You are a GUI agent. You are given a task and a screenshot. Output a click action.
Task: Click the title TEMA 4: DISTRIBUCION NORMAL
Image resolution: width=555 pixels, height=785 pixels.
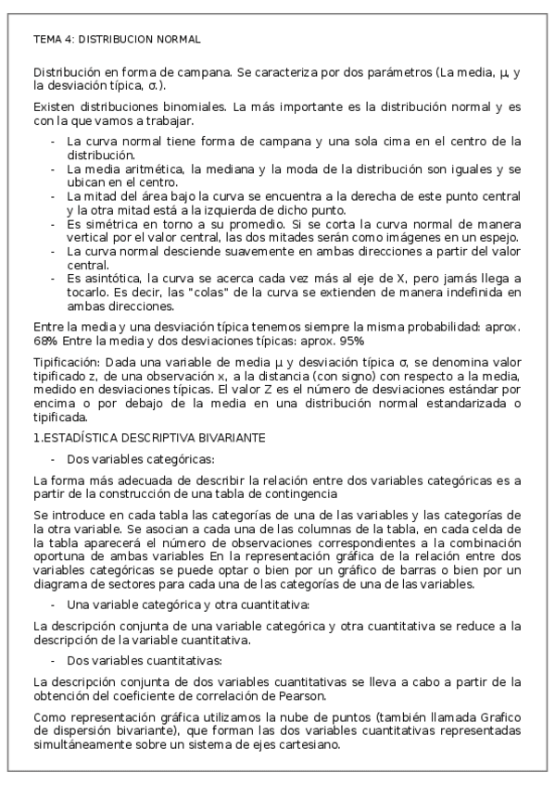click(116, 40)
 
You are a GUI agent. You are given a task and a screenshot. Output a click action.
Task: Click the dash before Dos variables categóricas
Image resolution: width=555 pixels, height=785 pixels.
click(54, 459)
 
